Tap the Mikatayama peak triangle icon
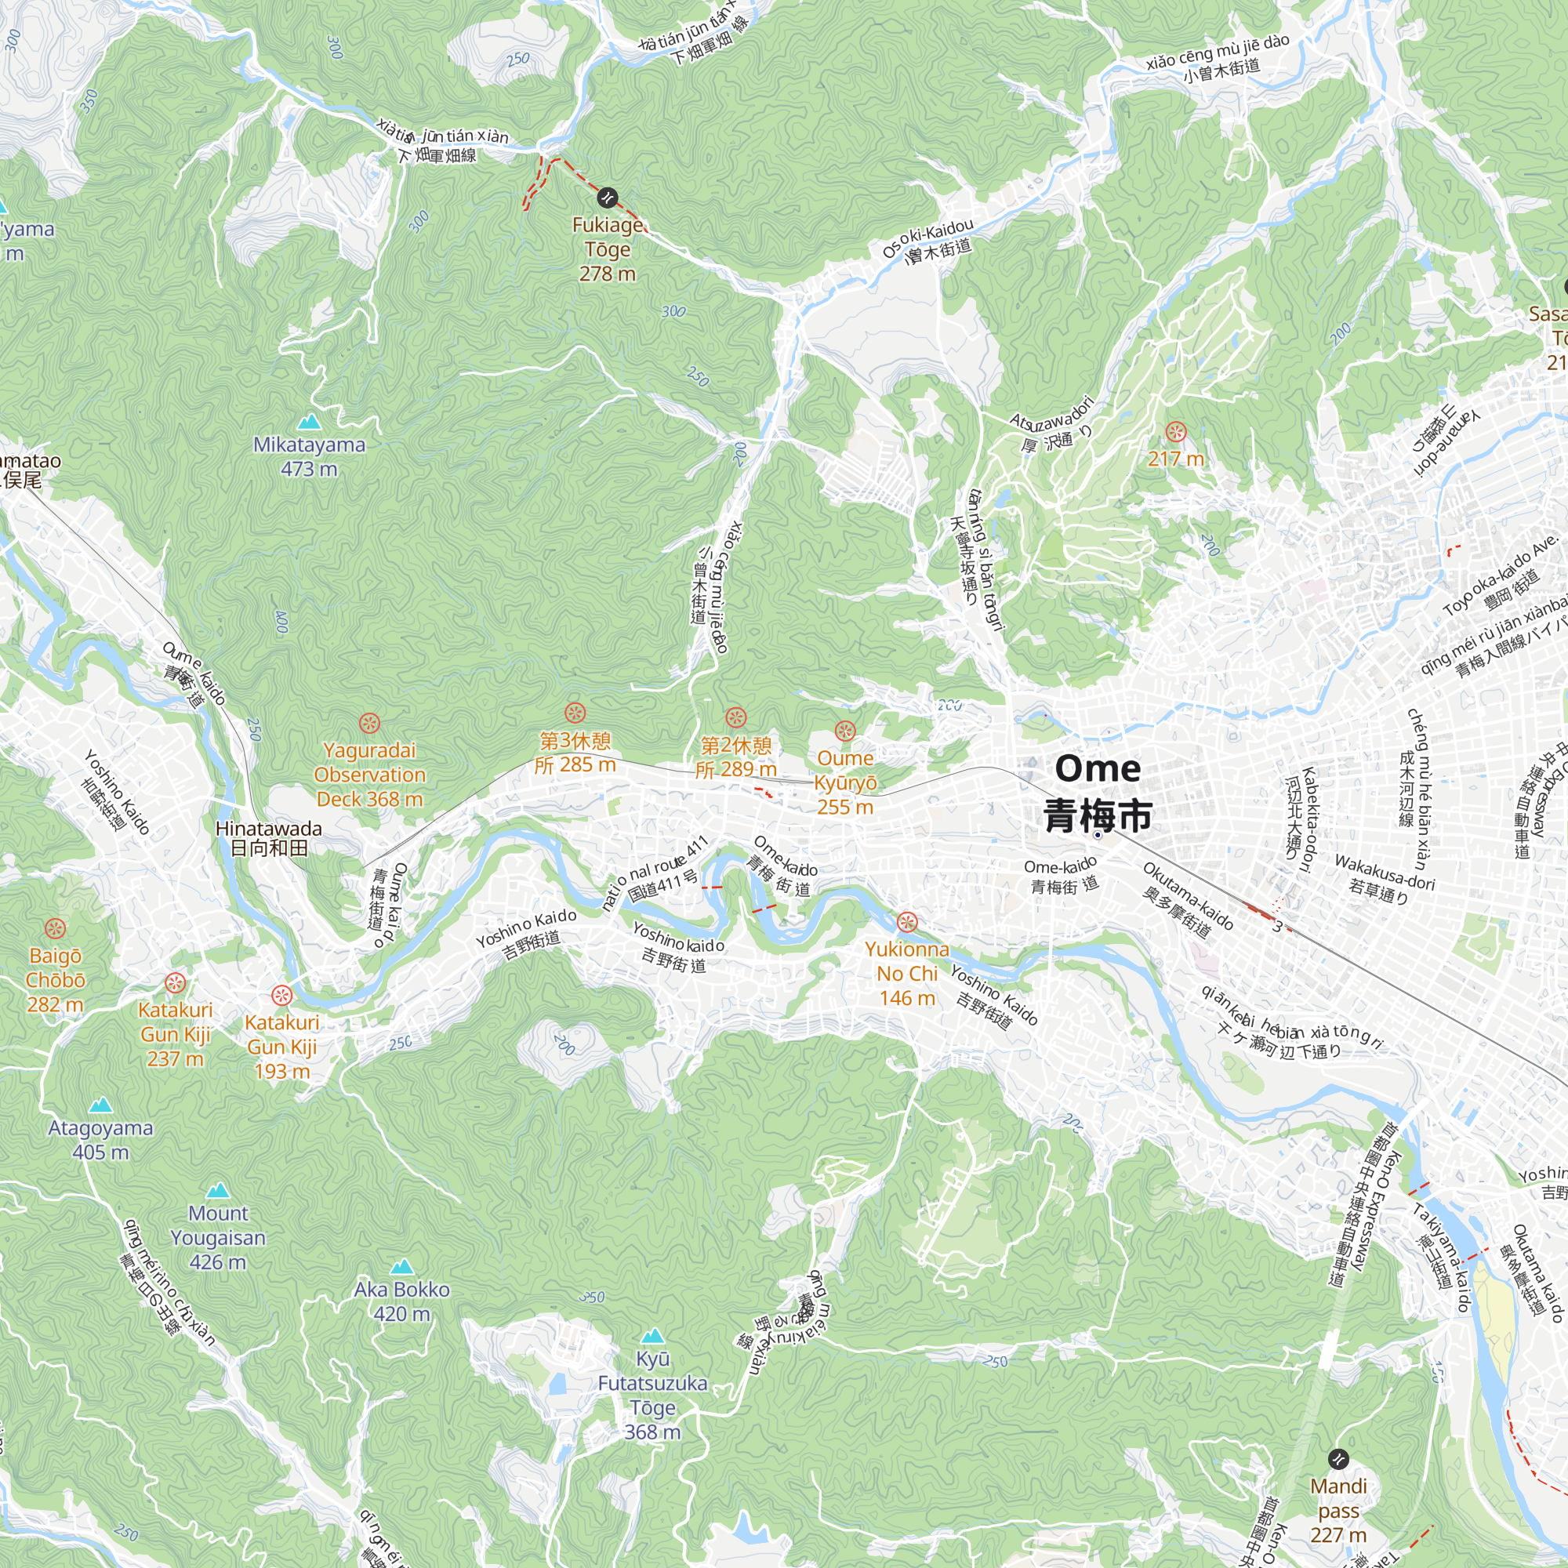[309, 422]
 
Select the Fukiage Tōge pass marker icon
[607, 198]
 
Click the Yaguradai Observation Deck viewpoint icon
[369, 722]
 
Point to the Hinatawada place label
[269, 838]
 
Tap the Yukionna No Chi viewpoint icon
[906, 922]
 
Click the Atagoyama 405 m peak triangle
[100, 1105]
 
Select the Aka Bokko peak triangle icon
[401, 1267]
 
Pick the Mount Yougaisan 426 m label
[217, 1237]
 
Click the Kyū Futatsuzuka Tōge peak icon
[652, 1336]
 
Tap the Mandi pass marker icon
[1338, 1459]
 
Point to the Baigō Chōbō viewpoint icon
[55, 927]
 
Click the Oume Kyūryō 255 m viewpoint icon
[845, 731]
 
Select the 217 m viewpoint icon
[1175, 432]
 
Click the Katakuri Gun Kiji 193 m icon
[281, 995]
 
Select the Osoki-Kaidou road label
[927, 240]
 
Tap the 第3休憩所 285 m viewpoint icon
[575, 713]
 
